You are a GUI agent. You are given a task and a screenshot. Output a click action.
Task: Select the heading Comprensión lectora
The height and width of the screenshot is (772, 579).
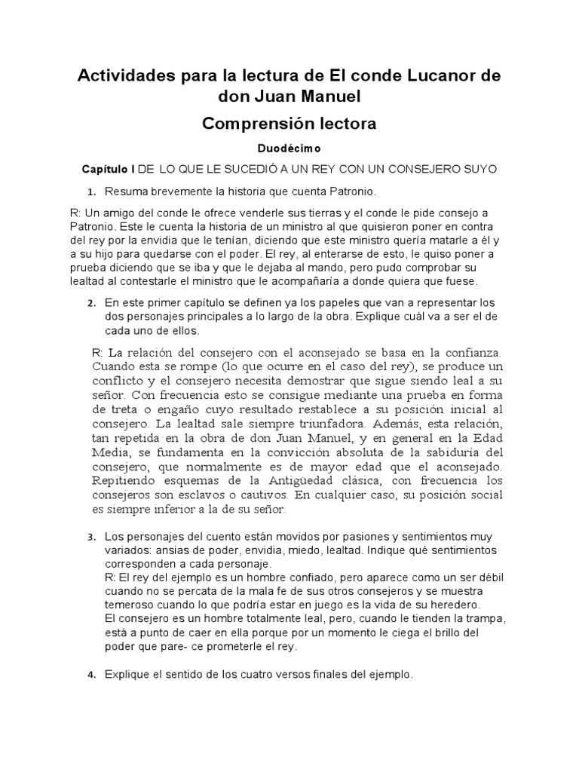pyautogui.click(x=289, y=123)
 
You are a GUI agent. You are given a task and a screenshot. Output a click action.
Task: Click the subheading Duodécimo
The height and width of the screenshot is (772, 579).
pyautogui.click(x=289, y=149)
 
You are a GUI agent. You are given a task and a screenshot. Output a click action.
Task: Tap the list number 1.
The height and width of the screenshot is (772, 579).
pyautogui.click(x=91, y=191)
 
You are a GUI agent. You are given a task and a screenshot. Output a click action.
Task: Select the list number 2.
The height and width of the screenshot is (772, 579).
pyautogui.click(x=91, y=304)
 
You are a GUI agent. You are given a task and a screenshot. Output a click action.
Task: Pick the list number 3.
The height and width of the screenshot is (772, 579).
pyautogui.click(x=91, y=538)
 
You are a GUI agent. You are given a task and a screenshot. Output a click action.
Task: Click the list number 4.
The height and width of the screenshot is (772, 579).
pyautogui.click(x=91, y=675)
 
